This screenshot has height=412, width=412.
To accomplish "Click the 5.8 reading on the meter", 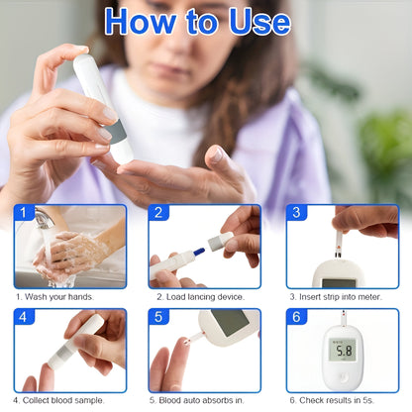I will click(x=344, y=350).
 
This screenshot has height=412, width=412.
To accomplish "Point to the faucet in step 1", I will click(x=44, y=217).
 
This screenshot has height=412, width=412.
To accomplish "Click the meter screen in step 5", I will click(x=231, y=323).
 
